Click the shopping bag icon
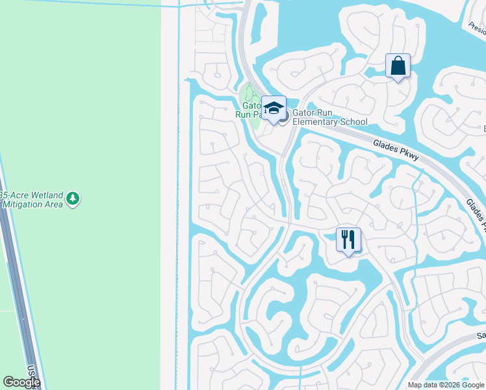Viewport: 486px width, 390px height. (x=398, y=66)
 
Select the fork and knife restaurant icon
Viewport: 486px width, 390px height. (x=348, y=240)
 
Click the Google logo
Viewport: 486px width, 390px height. (x=21, y=382)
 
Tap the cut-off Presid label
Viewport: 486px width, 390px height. (x=476, y=26)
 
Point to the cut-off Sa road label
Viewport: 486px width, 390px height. (x=481, y=335)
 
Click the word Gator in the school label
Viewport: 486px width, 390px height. (x=303, y=112)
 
